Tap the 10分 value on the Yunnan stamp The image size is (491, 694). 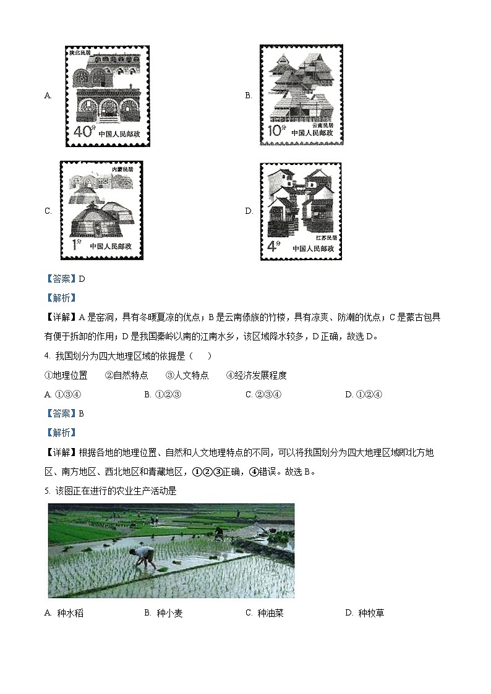[x=276, y=131]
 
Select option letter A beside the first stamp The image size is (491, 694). [x=48, y=96]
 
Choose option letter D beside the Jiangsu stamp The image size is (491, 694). [x=249, y=211]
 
